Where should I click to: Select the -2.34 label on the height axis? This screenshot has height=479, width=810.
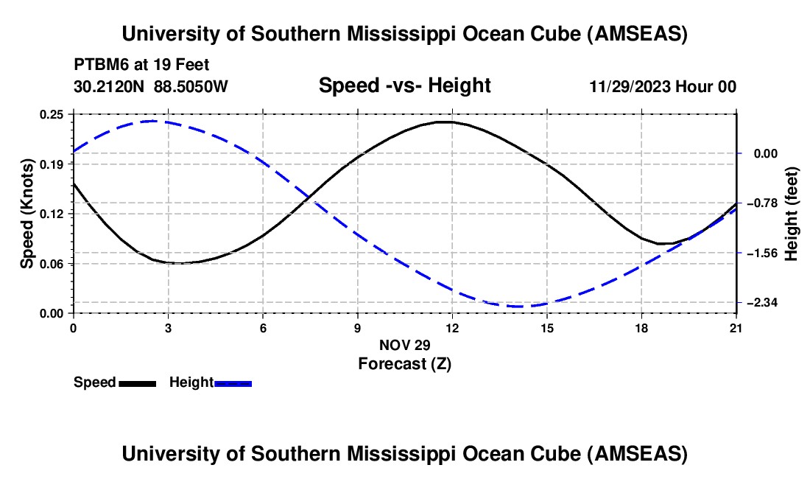click(764, 303)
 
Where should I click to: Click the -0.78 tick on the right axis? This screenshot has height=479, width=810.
click(764, 203)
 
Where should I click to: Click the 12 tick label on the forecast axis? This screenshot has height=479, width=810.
click(451, 329)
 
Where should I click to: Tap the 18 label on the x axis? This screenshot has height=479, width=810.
click(641, 329)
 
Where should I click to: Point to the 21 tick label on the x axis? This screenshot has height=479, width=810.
click(736, 329)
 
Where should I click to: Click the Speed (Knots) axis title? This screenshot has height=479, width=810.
click(27, 214)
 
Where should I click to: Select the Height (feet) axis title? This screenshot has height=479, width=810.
click(792, 214)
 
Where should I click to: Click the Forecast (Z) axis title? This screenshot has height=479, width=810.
click(404, 363)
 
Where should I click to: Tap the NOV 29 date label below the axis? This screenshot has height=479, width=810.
click(404, 345)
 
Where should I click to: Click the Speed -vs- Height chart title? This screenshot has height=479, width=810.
click(404, 86)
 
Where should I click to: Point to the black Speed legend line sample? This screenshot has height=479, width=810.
click(137, 383)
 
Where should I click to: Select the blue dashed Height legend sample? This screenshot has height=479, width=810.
click(233, 383)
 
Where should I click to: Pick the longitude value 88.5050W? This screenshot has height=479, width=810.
click(191, 86)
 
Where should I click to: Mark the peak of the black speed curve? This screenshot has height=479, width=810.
click(445, 122)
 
